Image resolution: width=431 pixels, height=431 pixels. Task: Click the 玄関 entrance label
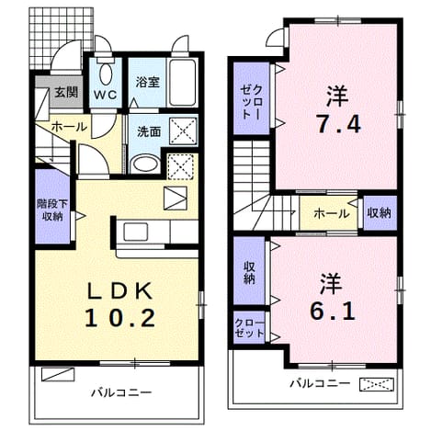pos(66,92)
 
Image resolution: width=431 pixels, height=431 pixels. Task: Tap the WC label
pos(106,95)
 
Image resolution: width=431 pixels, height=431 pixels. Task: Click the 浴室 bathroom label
pos(148,82)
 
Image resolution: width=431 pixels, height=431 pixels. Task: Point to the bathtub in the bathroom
pos(183,83)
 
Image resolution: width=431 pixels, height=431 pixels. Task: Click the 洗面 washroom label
pos(149,131)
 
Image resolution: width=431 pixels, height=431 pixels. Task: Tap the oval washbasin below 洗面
pos(145,164)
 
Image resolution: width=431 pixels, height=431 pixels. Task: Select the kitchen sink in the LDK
pos(136,232)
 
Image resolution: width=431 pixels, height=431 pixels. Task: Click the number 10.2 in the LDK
pos(119,318)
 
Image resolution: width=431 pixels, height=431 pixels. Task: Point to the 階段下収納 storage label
pos(52,210)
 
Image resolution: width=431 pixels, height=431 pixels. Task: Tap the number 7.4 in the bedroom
pos(338,124)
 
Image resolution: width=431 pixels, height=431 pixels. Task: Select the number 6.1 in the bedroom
pos(333,312)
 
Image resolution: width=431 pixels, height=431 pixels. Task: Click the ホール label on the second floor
pos(332,213)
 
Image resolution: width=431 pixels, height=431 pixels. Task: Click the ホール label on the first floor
pos(69,127)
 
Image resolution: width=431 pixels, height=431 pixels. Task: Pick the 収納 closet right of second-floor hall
pos(380,213)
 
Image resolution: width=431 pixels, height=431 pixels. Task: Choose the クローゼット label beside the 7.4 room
pos(252,102)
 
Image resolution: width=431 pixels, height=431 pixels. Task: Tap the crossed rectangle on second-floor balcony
pos(377,385)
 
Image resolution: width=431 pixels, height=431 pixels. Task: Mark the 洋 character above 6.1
pos(332,283)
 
